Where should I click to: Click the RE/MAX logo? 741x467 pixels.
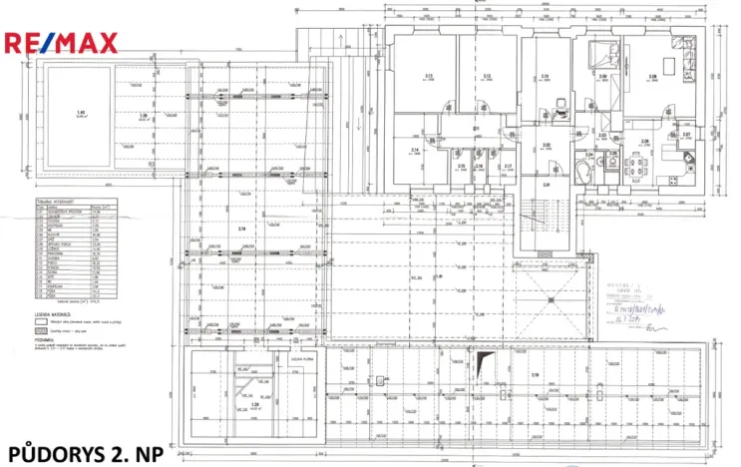[62, 43]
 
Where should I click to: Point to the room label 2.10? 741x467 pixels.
[545, 77]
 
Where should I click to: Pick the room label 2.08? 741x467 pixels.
[653, 77]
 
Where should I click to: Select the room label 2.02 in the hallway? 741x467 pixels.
[547, 146]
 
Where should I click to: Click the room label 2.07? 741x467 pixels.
[686, 135]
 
